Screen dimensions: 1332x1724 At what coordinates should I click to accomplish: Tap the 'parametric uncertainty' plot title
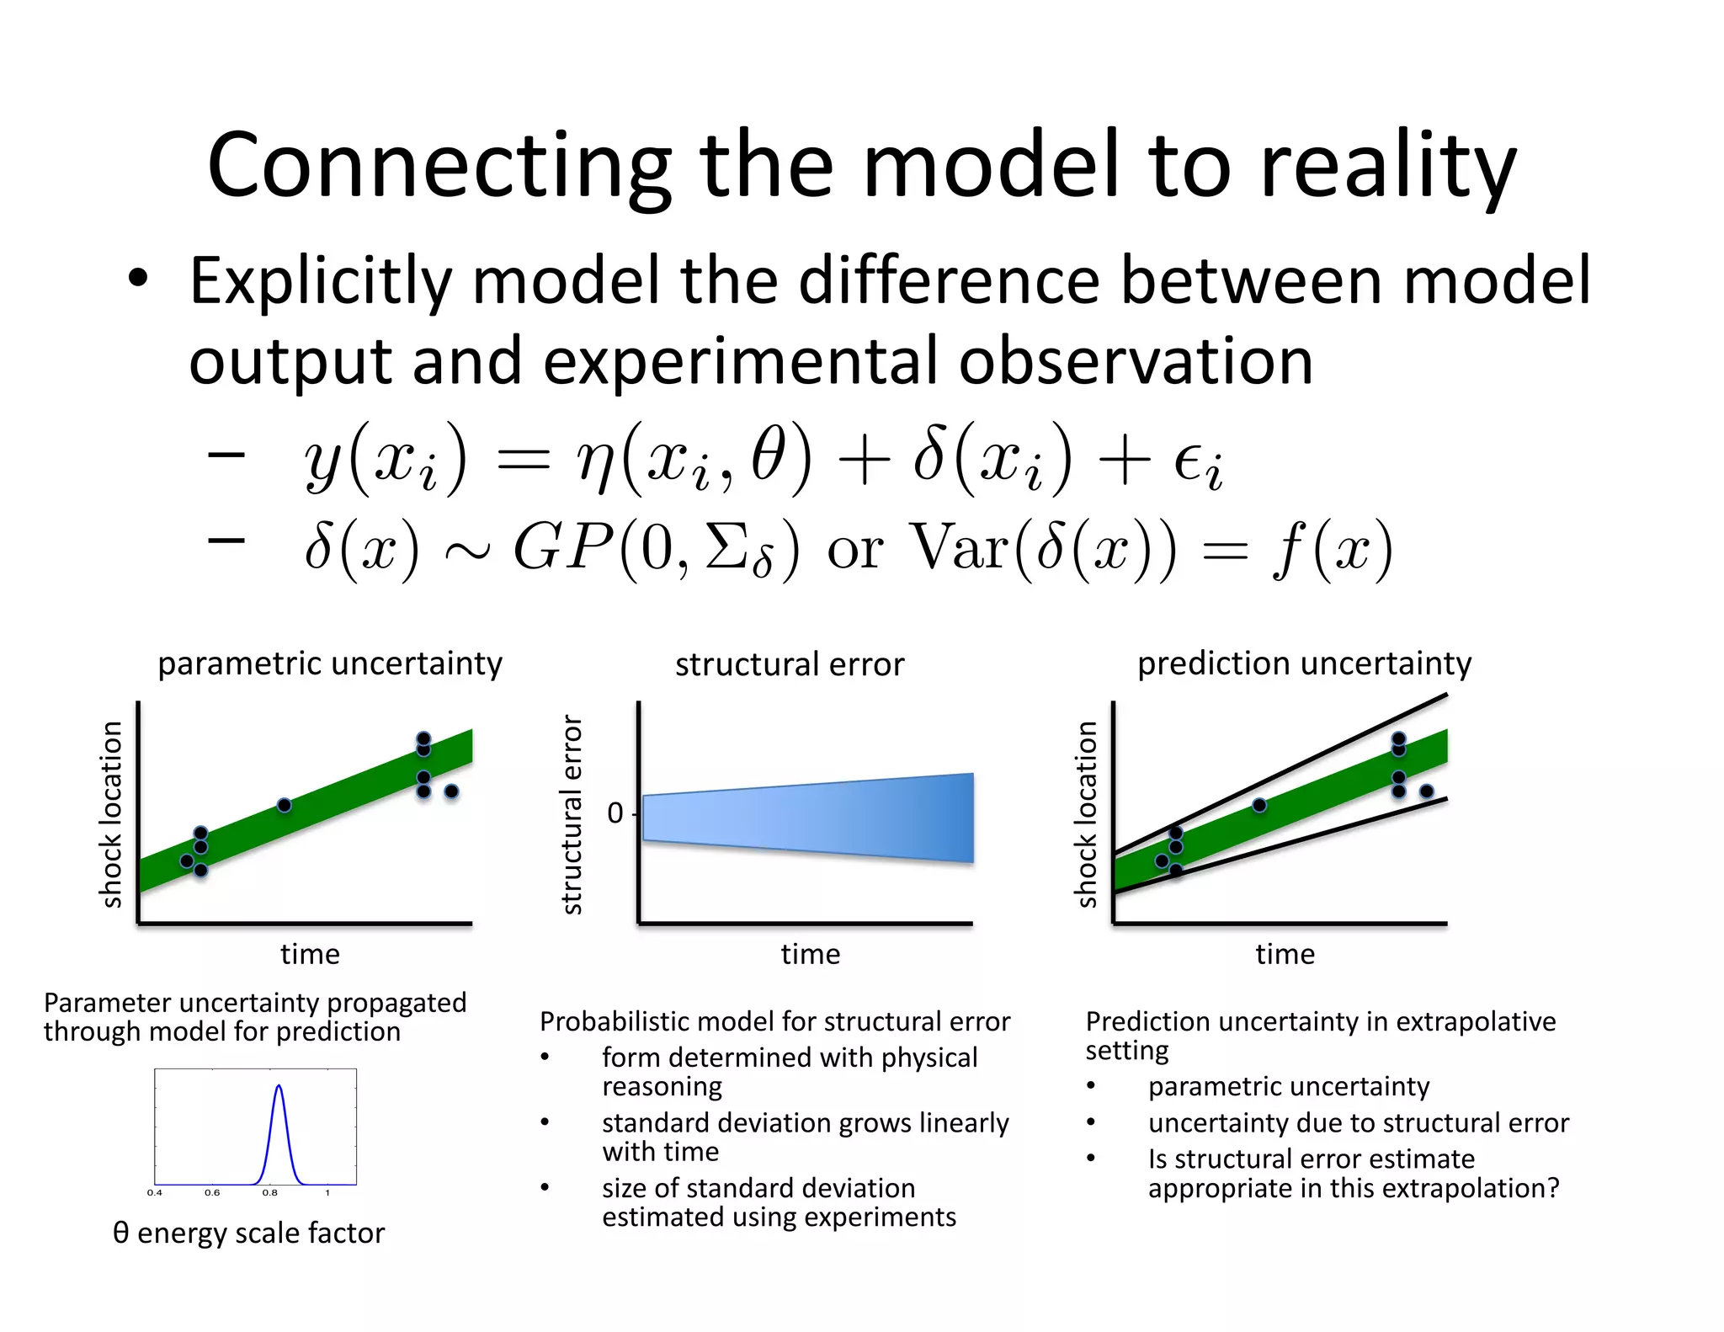330,663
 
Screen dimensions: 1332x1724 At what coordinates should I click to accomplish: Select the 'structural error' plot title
790,664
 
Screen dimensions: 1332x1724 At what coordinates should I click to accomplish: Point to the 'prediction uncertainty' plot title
1304,663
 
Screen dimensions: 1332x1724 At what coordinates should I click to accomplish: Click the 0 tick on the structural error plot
615,813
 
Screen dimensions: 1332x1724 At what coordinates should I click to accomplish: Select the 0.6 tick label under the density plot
212,1192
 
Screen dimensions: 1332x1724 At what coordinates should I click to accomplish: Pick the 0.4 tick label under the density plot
155,1192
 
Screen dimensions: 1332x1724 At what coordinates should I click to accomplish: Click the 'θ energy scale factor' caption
248,1233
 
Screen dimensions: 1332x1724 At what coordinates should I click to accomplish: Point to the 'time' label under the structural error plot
810,954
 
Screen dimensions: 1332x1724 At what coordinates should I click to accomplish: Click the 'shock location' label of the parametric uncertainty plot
112,814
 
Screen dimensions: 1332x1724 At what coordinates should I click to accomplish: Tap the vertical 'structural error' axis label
572,814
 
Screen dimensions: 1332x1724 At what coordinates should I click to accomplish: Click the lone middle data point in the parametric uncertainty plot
285,806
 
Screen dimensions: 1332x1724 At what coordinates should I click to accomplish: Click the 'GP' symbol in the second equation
562,548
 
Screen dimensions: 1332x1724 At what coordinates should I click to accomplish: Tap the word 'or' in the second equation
854,550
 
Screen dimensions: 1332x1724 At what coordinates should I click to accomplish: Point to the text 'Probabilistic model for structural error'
774,1021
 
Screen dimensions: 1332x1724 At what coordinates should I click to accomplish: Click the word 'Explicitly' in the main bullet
321,282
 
